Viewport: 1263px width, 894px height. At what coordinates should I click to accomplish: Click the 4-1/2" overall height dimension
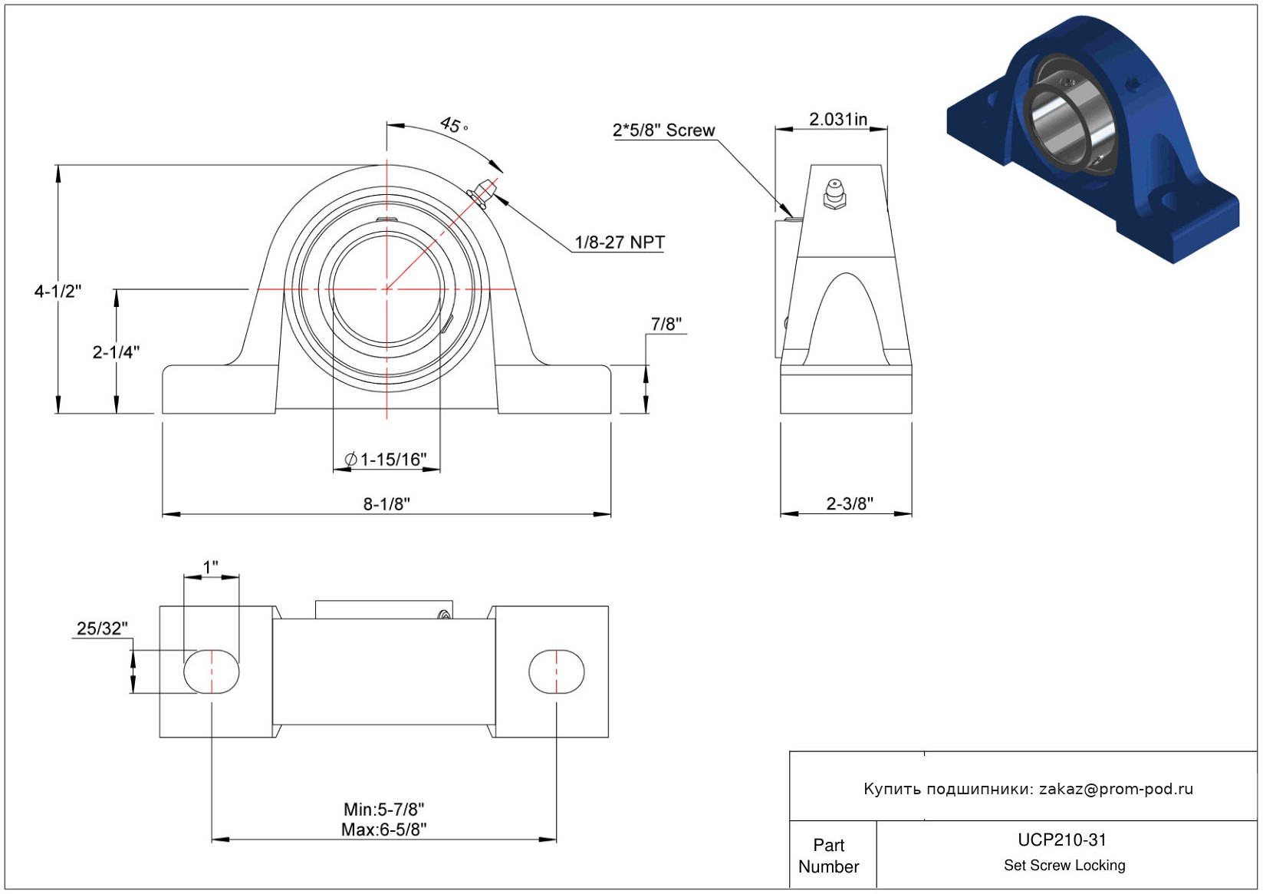58,292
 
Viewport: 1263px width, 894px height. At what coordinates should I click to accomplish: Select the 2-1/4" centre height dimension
116,352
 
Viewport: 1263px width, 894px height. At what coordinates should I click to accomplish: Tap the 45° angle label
453,125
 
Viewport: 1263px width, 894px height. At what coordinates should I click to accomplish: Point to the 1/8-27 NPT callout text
620,242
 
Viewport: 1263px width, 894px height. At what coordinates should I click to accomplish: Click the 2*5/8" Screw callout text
663,130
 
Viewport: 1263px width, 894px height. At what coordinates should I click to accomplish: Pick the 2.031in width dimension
838,119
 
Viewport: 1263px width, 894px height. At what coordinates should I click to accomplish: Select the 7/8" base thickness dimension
666,324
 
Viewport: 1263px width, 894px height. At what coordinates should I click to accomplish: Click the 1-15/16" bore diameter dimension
386,460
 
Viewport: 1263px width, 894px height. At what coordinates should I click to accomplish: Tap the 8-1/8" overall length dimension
386,503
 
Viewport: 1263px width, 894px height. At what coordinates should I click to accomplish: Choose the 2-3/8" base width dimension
850,503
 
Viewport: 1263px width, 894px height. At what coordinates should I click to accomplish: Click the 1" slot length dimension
210,566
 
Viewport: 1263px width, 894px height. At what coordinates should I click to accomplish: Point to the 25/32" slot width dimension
102,628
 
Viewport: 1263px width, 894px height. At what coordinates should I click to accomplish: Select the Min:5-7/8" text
384,810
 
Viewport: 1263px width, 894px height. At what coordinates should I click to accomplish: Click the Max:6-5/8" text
384,830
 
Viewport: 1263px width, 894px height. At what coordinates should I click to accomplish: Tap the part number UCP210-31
1062,840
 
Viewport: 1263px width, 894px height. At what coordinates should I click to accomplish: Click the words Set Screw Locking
1064,865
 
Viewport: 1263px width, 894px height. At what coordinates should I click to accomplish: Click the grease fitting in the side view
834,194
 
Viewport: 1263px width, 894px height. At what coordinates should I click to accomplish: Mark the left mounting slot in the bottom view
212,671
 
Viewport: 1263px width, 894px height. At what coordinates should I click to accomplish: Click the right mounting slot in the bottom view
557,671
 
